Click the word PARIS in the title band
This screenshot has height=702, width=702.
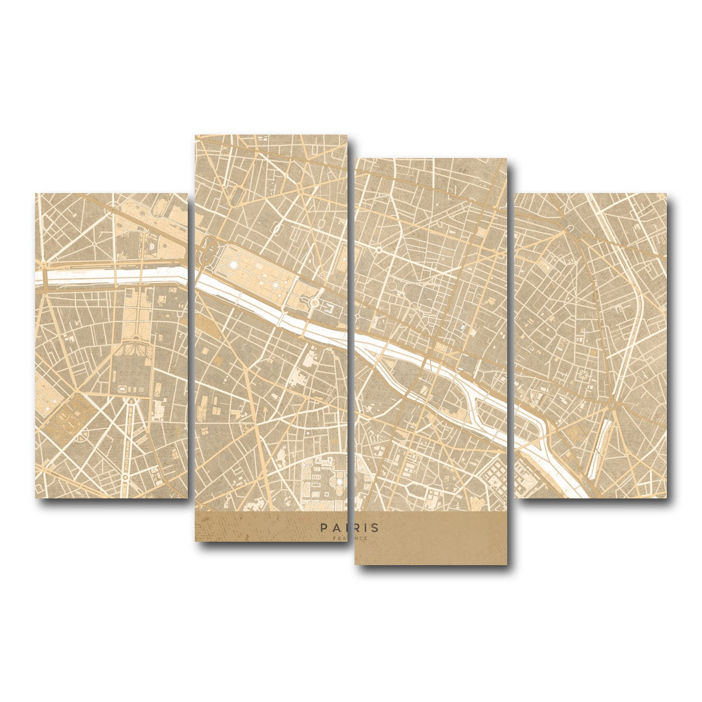350,528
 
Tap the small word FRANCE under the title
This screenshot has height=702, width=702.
350,538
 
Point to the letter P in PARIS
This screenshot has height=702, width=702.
324,528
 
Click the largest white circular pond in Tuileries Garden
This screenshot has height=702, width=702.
233,266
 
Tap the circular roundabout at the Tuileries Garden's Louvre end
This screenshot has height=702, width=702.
314,302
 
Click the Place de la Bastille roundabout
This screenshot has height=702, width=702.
611,404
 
